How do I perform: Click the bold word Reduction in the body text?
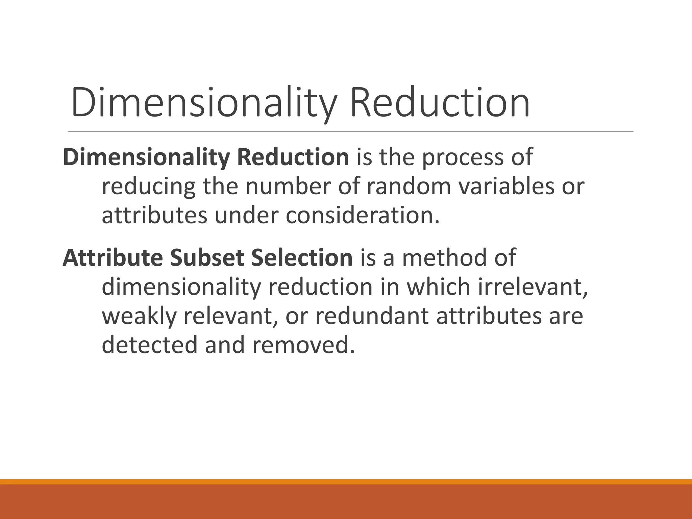point(293,157)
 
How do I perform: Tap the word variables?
point(506,186)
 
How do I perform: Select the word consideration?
point(363,215)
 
